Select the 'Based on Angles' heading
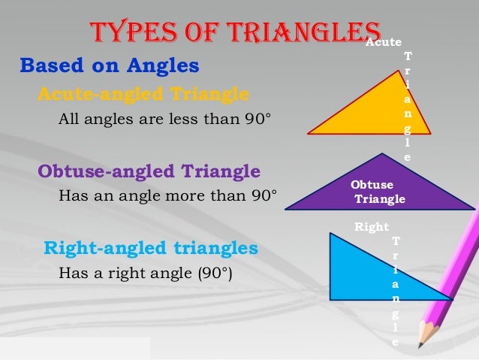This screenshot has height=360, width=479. pyautogui.click(x=109, y=67)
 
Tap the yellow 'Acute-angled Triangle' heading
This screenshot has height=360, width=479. pyautogui.click(x=143, y=95)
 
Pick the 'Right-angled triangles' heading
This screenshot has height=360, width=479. pyautogui.click(x=151, y=247)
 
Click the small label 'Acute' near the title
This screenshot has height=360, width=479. pyautogui.click(x=384, y=43)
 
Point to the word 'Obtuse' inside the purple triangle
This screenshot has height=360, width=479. pyautogui.click(x=372, y=185)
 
